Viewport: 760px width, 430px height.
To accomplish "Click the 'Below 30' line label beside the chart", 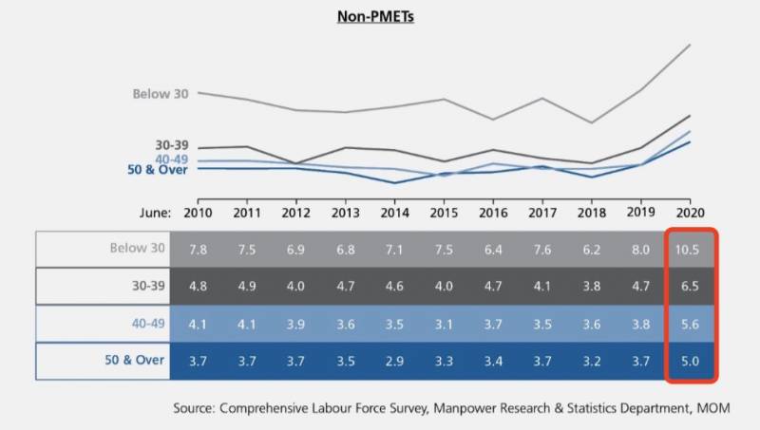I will (x=161, y=94).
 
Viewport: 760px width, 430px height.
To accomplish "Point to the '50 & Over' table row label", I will (x=135, y=360).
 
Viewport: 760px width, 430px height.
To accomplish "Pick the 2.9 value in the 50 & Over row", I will (x=393, y=360).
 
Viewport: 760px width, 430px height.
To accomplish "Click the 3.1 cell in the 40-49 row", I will (x=443, y=324).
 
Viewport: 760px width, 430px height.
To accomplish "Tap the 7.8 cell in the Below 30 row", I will (x=199, y=249).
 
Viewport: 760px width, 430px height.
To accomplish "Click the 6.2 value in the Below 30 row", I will (x=591, y=249).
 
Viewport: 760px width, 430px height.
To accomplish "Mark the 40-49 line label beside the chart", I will (x=172, y=159).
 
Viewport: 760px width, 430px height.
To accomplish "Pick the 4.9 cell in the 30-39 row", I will (x=247, y=286).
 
